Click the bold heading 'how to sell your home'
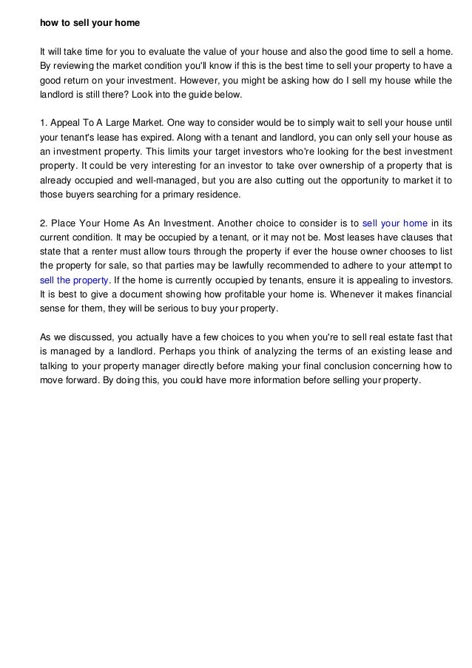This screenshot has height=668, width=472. [90, 23]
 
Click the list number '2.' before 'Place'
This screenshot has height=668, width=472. [44, 223]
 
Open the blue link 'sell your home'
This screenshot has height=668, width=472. [395, 223]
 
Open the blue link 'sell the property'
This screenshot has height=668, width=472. [74, 280]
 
